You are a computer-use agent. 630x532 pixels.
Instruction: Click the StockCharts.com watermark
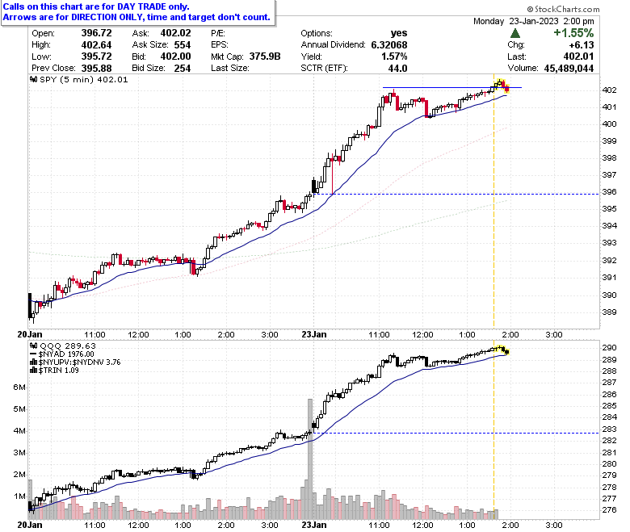coord(563,9)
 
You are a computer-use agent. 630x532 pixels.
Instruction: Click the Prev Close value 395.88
coord(96,69)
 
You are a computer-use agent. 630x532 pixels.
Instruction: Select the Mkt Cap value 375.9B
coord(265,57)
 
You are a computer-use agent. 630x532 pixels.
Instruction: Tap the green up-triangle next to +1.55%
coord(515,33)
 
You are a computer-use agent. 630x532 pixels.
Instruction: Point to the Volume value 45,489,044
coord(569,69)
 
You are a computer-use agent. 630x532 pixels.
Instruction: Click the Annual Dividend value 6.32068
coord(389,44)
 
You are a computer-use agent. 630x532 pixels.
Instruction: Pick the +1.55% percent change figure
coord(573,32)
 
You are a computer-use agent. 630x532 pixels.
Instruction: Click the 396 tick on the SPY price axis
coord(609,192)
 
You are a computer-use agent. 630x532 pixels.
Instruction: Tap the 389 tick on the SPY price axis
coord(609,312)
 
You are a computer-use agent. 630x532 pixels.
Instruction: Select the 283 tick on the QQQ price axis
coord(609,429)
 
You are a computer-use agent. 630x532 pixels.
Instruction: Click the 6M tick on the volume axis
coord(19,387)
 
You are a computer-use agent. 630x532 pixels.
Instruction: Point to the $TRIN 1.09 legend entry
coord(55,371)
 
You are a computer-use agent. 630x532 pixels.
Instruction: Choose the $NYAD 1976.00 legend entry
coord(62,354)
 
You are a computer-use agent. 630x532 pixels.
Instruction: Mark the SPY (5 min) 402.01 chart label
coord(79,79)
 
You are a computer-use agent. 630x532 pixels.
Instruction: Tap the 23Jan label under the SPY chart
coord(314,334)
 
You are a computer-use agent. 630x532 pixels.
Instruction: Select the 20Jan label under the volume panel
coord(30,525)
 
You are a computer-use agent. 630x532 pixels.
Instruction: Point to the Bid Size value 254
coord(183,69)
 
